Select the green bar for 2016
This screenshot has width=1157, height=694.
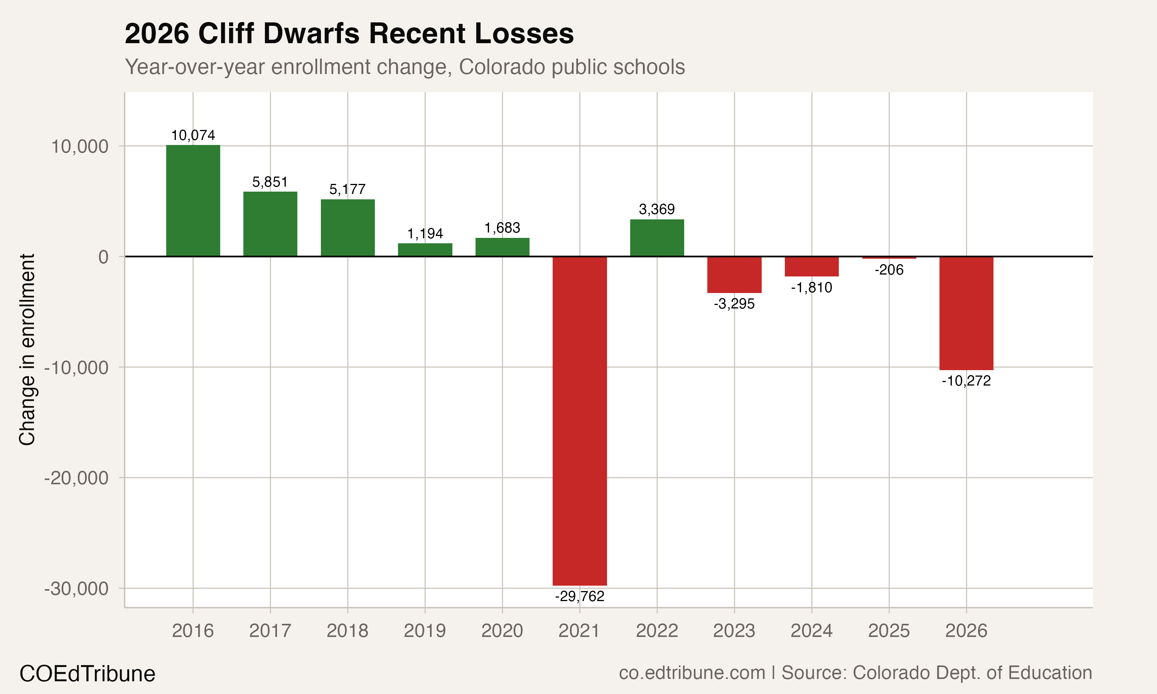tap(193, 201)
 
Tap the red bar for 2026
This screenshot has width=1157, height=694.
tap(966, 313)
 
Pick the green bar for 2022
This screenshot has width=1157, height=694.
tap(657, 238)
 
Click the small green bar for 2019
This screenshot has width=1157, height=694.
tap(425, 250)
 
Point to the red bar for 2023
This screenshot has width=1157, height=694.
tap(734, 275)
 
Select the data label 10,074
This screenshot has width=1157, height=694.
tap(193, 136)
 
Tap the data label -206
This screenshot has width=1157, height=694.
tap(889, 270)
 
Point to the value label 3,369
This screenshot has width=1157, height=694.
tap(657, 209)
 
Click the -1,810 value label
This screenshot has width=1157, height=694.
tap(811, 288)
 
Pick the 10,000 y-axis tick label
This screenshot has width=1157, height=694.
tap(79, 147)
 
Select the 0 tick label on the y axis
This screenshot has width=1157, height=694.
tap(103, 257)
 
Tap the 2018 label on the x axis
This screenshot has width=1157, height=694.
tap(347, 630)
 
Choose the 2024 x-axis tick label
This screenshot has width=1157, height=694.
tap(811, 630)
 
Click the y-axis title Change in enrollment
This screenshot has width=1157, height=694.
tap(27, 349)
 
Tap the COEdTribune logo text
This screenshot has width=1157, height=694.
tap(88, 674)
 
